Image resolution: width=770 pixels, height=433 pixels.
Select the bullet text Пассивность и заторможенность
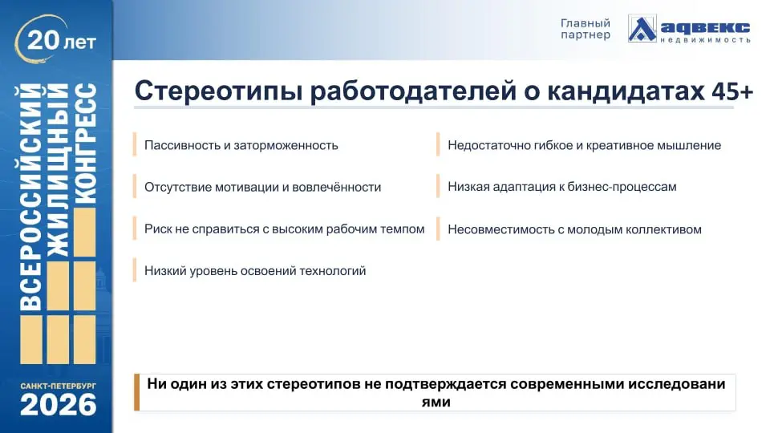241,145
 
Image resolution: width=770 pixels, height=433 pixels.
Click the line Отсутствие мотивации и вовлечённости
262,187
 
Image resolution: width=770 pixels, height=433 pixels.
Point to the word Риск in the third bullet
157,229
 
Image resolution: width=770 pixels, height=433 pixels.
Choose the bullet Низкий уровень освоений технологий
255,271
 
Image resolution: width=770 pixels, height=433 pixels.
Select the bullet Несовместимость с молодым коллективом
574,229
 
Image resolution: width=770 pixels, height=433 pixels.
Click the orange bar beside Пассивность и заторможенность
135,145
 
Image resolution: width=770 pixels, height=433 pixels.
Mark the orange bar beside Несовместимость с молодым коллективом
438,229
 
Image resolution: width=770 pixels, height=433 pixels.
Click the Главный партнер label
585,29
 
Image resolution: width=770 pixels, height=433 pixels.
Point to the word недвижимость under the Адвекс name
706,38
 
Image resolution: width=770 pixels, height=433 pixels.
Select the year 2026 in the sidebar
59,406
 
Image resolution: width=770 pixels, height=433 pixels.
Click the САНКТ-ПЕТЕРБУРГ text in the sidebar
59,386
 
